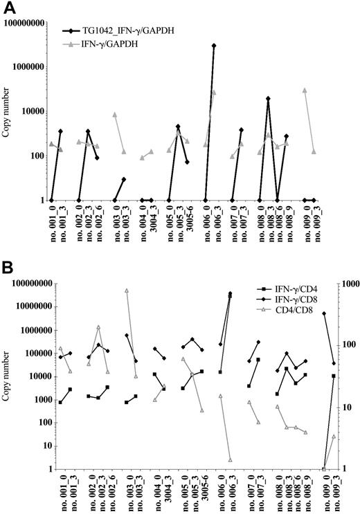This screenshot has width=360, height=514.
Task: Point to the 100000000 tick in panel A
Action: pyautogui.click(x=25, y=23)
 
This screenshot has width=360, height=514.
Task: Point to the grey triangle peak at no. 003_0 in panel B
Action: pyautogui.click(x=127, y=291)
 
